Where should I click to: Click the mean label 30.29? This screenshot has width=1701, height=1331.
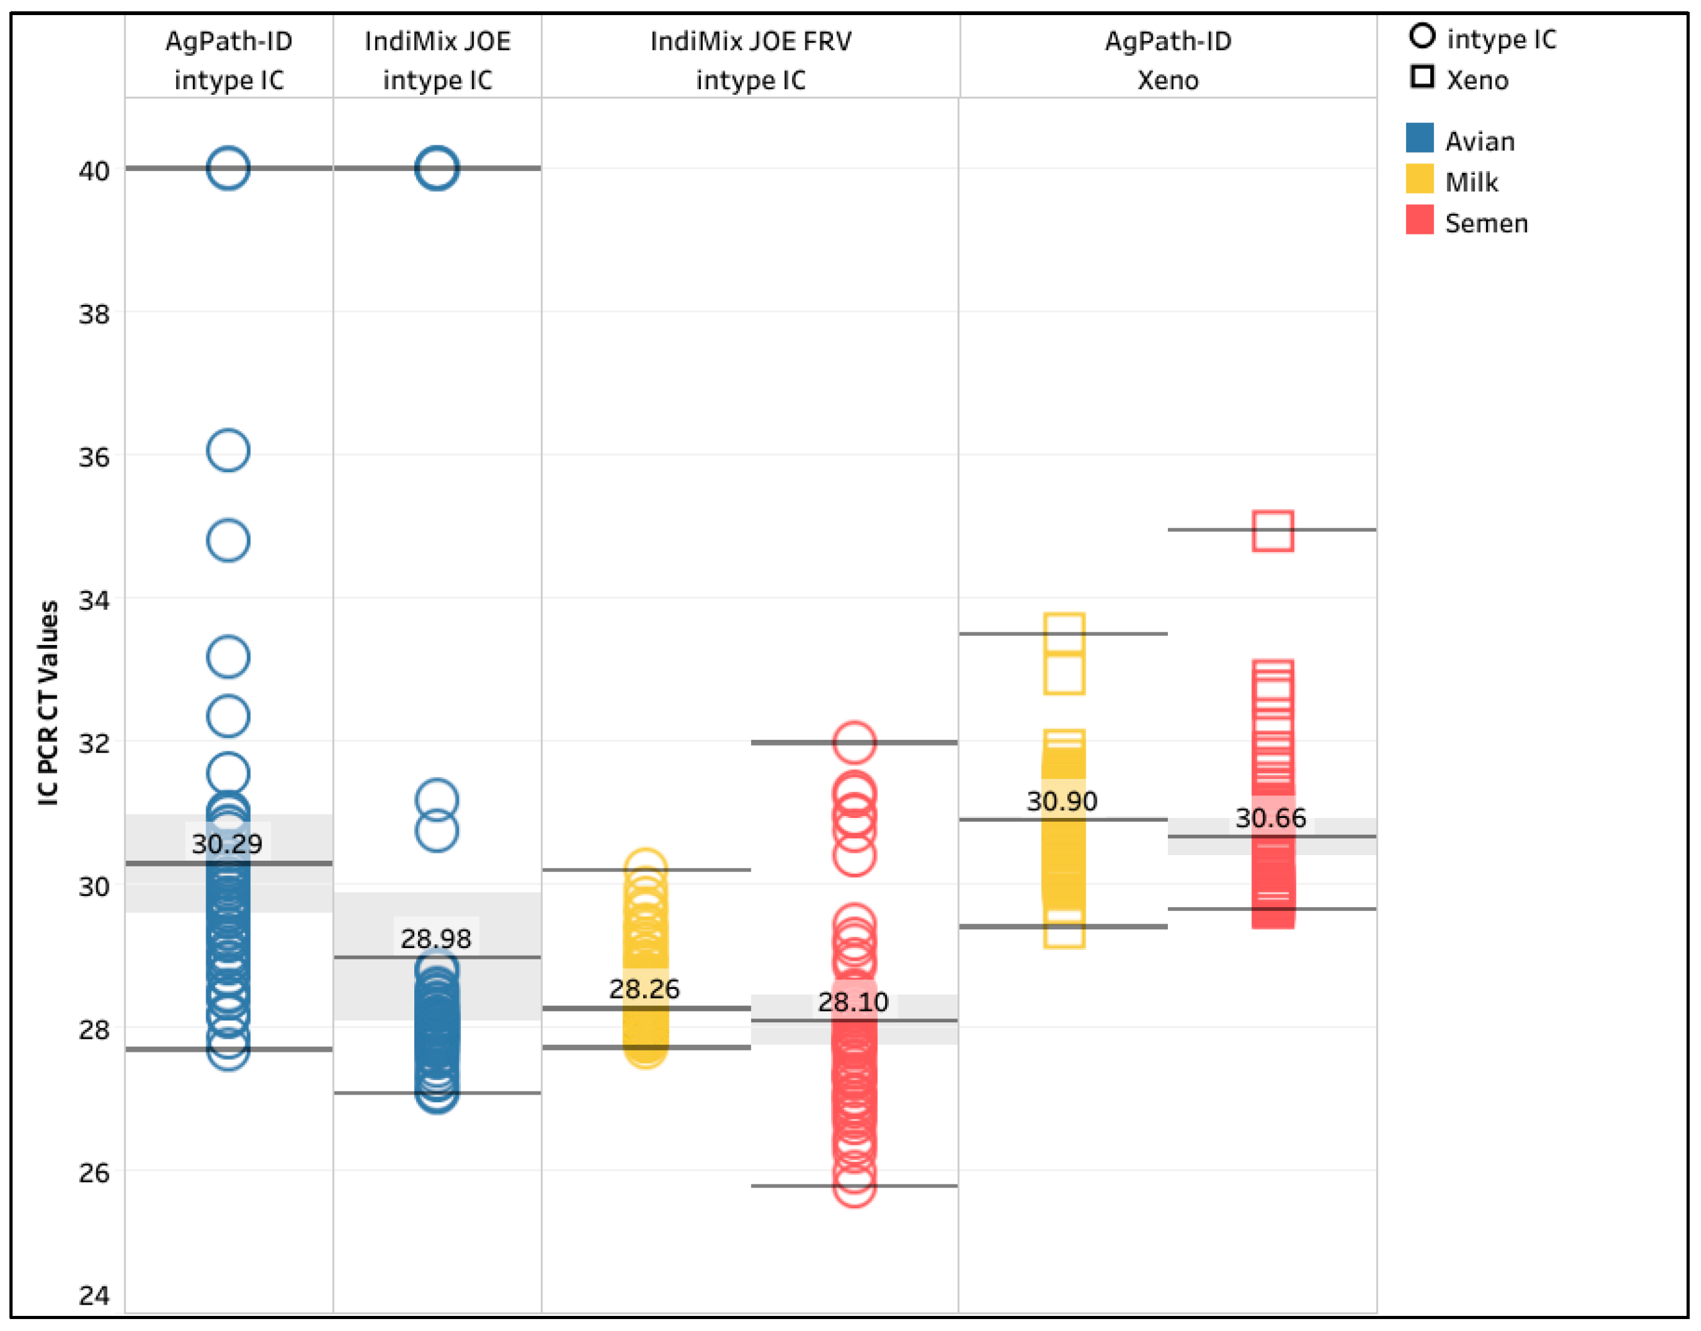(227, 843)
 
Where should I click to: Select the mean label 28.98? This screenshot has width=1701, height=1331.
(436, 938)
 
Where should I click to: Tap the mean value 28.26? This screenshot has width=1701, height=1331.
(644, 989)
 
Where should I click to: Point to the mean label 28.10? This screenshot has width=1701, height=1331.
(853, 1002)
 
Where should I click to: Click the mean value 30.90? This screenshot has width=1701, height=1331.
(1062, 801)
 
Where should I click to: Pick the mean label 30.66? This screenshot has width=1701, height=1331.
(1271, 818)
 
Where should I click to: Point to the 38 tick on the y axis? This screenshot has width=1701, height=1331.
(94, 314)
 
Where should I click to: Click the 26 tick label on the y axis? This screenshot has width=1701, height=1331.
(94, 1173)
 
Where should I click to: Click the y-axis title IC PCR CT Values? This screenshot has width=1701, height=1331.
(48, 702)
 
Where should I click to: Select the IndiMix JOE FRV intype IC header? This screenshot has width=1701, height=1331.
(751, 60)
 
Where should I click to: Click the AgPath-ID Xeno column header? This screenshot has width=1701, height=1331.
(1168, 60)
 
